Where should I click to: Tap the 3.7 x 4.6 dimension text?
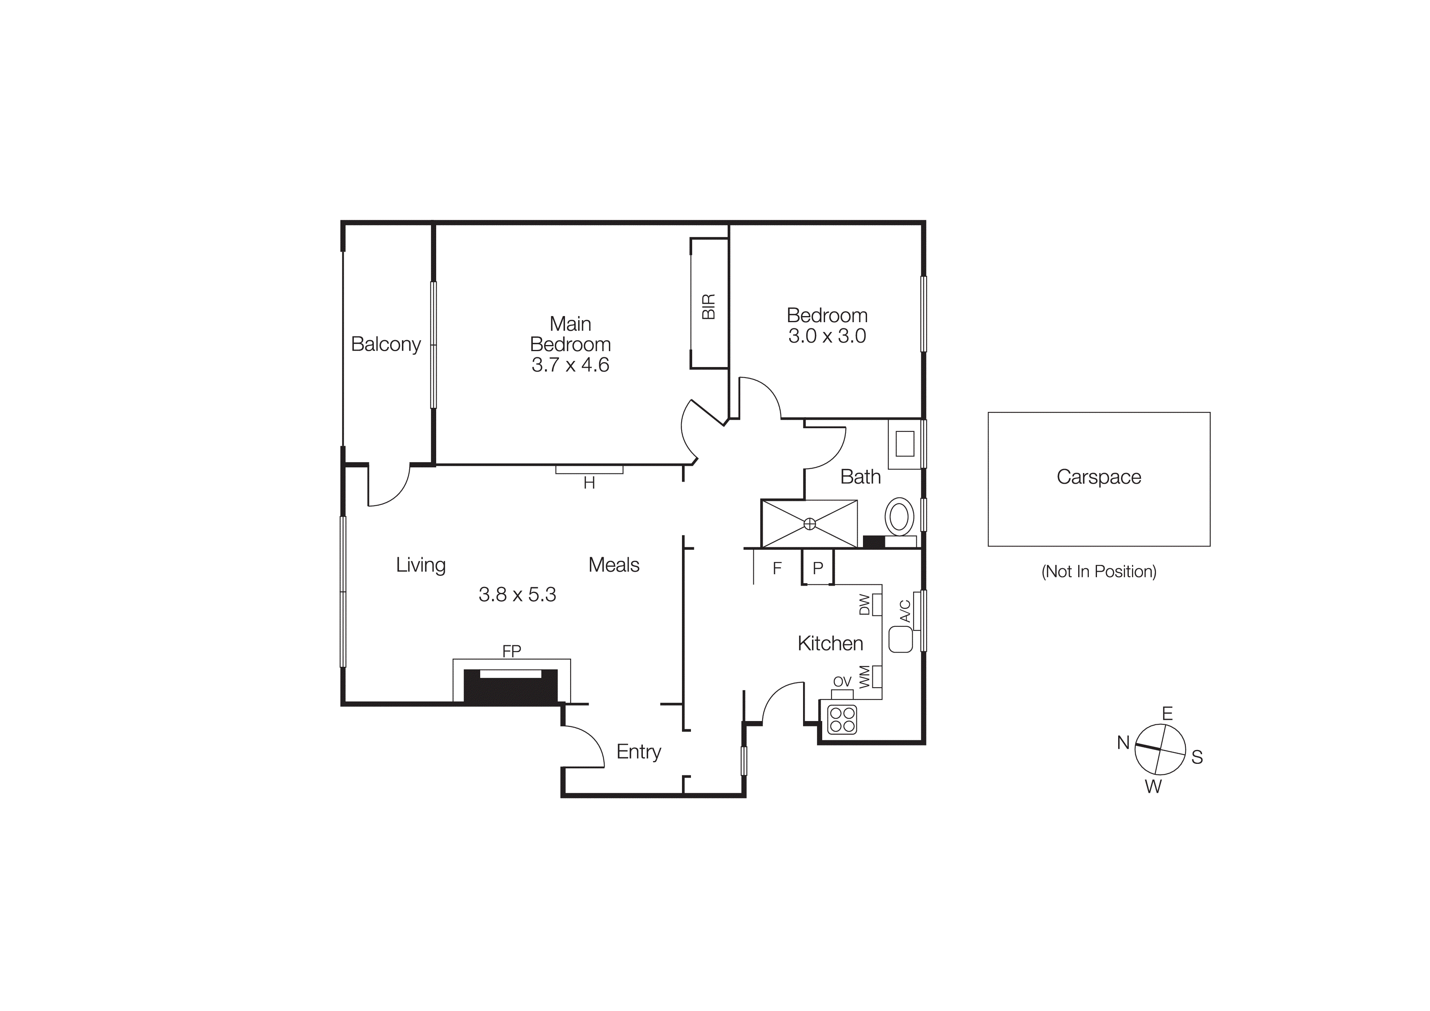point(570,365)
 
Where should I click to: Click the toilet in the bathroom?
point(899,516)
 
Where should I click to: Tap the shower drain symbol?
point(809,524)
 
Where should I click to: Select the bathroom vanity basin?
point(904,444)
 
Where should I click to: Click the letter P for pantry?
point(818,568)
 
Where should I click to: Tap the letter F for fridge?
point(777,568)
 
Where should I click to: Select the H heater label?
point(589,483)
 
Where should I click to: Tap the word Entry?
point(638,752)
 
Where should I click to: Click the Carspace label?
point(1099,477)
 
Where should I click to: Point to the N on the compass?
point(1123,743)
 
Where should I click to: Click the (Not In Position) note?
point(1099,571)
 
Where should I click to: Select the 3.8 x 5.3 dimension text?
point(517,595)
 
